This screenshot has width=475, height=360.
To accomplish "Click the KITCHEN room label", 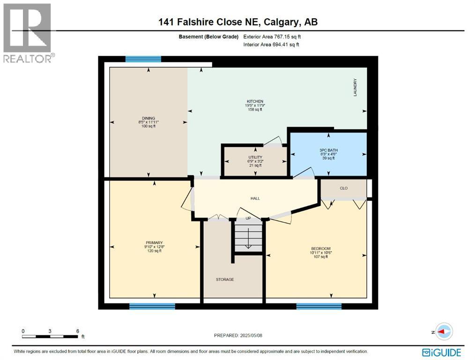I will tap(255, 101).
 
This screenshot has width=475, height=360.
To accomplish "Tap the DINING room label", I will tap(148, 118).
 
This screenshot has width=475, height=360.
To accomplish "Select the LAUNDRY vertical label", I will tap(355, 87).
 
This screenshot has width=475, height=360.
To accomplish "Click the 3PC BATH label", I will tap(328, 150).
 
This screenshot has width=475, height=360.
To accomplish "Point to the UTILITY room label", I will tap(255, 157).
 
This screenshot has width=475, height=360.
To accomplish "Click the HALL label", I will tap(255, 198).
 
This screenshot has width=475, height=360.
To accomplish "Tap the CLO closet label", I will tap(343, 188).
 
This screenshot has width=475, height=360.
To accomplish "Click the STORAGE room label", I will tap(225, 279).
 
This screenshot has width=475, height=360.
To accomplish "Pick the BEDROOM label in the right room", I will tap(321, 248).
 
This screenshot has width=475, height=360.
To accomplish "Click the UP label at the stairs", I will tap(248, 219).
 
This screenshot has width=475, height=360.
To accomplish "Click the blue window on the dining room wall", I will tap(143, 59).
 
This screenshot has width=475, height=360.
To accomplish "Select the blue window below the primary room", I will tap(152, 306).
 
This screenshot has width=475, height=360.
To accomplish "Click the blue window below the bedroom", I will tap(319, 306).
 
